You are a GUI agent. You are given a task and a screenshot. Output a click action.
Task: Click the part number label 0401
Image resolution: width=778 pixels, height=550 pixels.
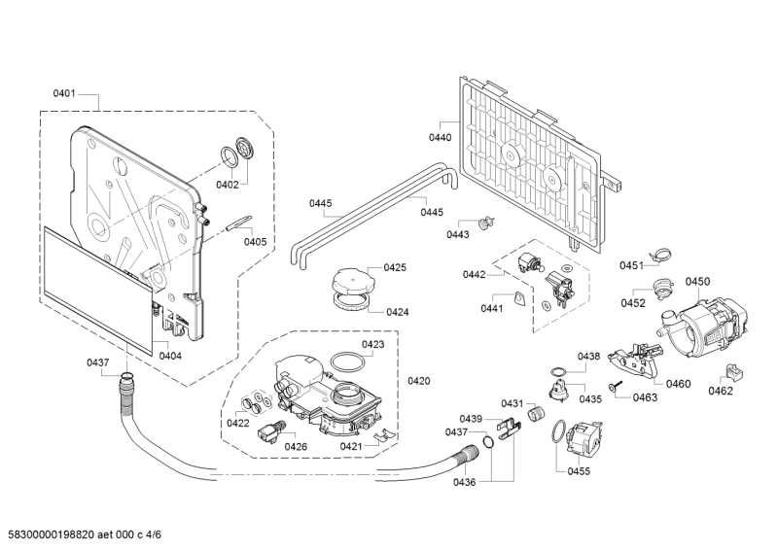(64, 94)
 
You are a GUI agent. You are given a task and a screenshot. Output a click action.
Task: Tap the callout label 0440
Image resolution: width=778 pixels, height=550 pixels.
(441, 138)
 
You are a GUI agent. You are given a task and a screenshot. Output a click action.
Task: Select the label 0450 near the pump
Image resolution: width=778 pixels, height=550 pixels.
(697, 282)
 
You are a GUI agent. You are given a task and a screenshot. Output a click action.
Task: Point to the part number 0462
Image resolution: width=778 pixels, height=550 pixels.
(721, 392)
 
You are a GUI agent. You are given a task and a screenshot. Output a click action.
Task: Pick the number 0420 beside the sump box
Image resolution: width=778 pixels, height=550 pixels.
(419, 380)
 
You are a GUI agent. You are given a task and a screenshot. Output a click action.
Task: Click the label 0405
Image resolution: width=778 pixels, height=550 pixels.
(256, 242)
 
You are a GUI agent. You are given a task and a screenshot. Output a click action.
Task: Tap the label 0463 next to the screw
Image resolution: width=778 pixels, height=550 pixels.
(645, 398)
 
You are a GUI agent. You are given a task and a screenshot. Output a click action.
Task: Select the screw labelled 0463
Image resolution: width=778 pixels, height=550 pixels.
(617, 389)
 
